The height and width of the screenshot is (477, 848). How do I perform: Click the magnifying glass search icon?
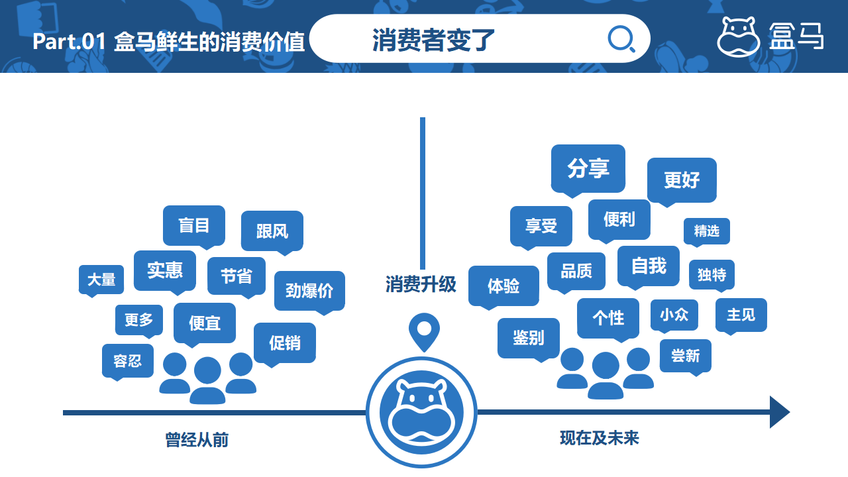[621, 38]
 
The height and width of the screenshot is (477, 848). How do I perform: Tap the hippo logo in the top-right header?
[738, 37]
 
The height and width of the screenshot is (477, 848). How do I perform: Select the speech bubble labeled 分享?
[588, 170]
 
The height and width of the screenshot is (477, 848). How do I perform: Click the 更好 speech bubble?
[682, 182]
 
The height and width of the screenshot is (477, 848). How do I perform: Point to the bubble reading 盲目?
[194, 227]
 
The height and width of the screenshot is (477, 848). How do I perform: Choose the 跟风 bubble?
[272, 233]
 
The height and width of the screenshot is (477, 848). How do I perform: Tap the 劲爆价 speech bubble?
[309, 293]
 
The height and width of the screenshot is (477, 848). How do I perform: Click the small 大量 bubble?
[101, 281]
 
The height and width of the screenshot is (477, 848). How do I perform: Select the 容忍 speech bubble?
[128, 362]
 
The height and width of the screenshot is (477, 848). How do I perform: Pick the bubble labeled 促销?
[285, 344]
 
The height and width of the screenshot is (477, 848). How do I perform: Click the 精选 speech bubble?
[706, 232]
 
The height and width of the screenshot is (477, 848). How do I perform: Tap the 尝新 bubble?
[685, 357]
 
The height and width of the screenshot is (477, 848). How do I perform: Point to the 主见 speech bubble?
[741, 316]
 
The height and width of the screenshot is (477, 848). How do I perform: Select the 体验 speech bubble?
[503, 288]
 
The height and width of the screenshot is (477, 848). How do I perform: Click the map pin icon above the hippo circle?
[424, 332]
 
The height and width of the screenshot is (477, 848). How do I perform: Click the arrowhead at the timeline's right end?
[780, 412]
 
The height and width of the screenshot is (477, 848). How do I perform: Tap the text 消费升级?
[421, 284]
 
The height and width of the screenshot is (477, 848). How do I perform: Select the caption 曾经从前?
[197, 440]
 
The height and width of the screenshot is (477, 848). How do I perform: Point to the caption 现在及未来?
[600, 438]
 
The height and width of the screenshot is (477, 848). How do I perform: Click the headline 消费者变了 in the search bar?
[433, 40]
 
